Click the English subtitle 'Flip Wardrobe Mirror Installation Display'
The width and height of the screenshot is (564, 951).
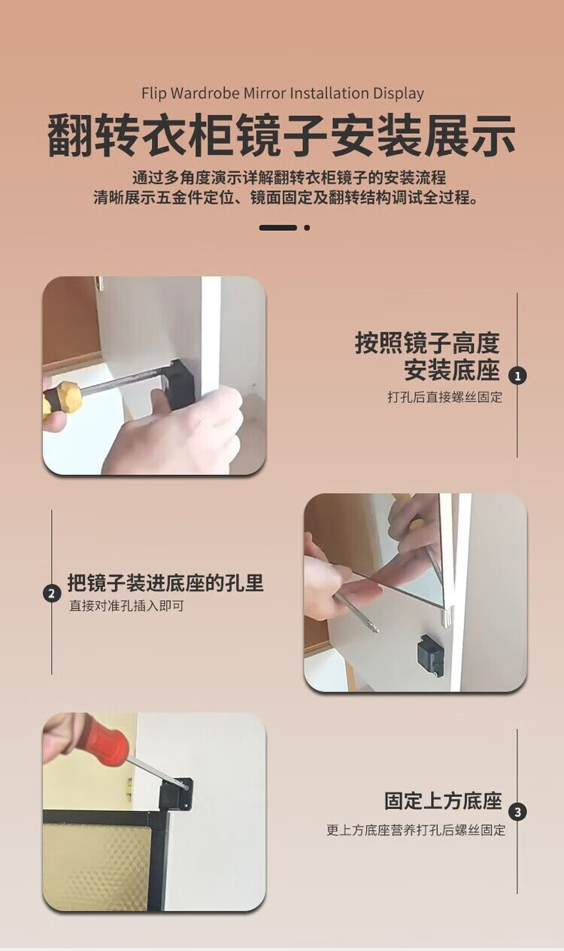tap(283, 93)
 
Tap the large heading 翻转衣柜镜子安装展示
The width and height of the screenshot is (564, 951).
tap(281, 136)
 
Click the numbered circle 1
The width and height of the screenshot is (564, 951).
tap(517, 376)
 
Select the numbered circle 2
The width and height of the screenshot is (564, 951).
tap(52, 593)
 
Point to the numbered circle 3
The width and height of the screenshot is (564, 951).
tap(517, 813)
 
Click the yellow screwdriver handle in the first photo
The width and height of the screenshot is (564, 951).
tap(62, 399)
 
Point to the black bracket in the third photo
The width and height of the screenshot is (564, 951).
tap(175, 793)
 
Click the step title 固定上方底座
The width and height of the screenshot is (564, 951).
tap(443, 801)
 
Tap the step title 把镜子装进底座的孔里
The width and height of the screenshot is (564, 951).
tap(165, 583)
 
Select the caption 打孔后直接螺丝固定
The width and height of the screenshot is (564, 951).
tap(444, 398)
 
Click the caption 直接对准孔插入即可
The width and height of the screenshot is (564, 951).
tap(126, 606)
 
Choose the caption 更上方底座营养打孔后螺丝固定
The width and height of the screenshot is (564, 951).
tap(416, 831)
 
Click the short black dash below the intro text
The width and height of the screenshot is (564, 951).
tap(278, 228)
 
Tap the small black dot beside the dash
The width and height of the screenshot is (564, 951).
tap(307, 228)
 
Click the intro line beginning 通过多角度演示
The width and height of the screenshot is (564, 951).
tap(290, 178)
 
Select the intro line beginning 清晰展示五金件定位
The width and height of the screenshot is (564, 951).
tap(286, 198)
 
